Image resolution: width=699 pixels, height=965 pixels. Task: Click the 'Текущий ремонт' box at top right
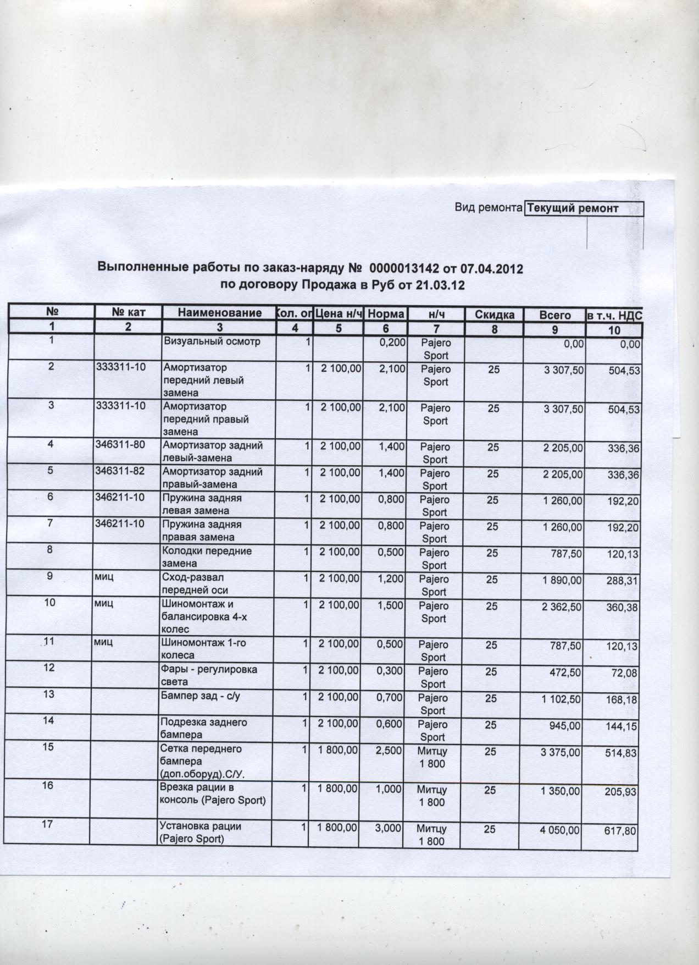coord(584,208)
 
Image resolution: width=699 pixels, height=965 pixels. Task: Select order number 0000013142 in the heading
coord(405,268)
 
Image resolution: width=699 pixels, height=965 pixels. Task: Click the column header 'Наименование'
coord(219,313)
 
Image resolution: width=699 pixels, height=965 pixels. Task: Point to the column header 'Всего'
coord(555,316)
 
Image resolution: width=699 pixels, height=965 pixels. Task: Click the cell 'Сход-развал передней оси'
coord(193,584)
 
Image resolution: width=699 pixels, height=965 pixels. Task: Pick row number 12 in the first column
coord(49,668)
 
